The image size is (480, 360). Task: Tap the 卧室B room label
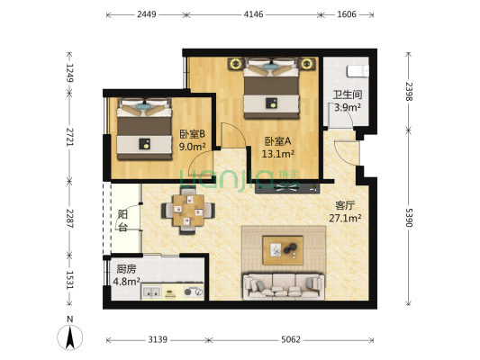pos(192,140)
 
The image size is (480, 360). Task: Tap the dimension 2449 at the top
pos(148,14)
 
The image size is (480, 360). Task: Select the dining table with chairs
pos(187,212)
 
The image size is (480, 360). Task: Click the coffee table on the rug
pos(283,246)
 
